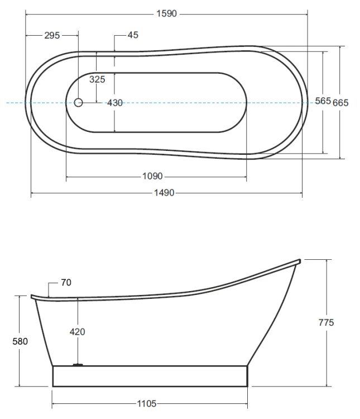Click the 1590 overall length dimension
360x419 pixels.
pyautogui.click(x=167, y=13)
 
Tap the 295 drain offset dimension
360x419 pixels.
pyautogui.click(x=52, y=35)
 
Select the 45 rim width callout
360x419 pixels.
pyautogui.click(x=133, y=35)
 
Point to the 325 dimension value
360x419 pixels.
pyautogui.click(x=97, y=79)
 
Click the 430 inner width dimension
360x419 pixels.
pyautogui.click(x=115, y=103)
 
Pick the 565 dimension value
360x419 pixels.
pyautogui.click(x=323, y=101)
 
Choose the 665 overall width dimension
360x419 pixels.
pyautogui.click(x=340, y=103)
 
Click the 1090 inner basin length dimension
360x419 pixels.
pyautogui.click(x=152, y=176)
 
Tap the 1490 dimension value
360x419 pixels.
pyautogui.click(x=164, y=193)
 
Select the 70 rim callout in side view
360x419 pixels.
pyautogui.click(x=66, y=283)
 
